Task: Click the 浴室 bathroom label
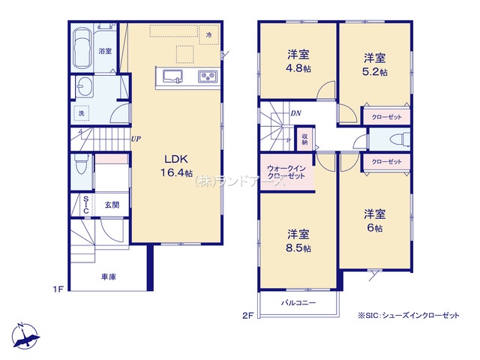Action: (104, 51)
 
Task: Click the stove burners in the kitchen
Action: (207, 76)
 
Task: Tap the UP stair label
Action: (136, 139)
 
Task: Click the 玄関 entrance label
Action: (112, 205)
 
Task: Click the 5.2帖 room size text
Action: (376, 72)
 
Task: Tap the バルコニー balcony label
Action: (298, 303)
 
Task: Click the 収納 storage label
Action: (304, 139)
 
